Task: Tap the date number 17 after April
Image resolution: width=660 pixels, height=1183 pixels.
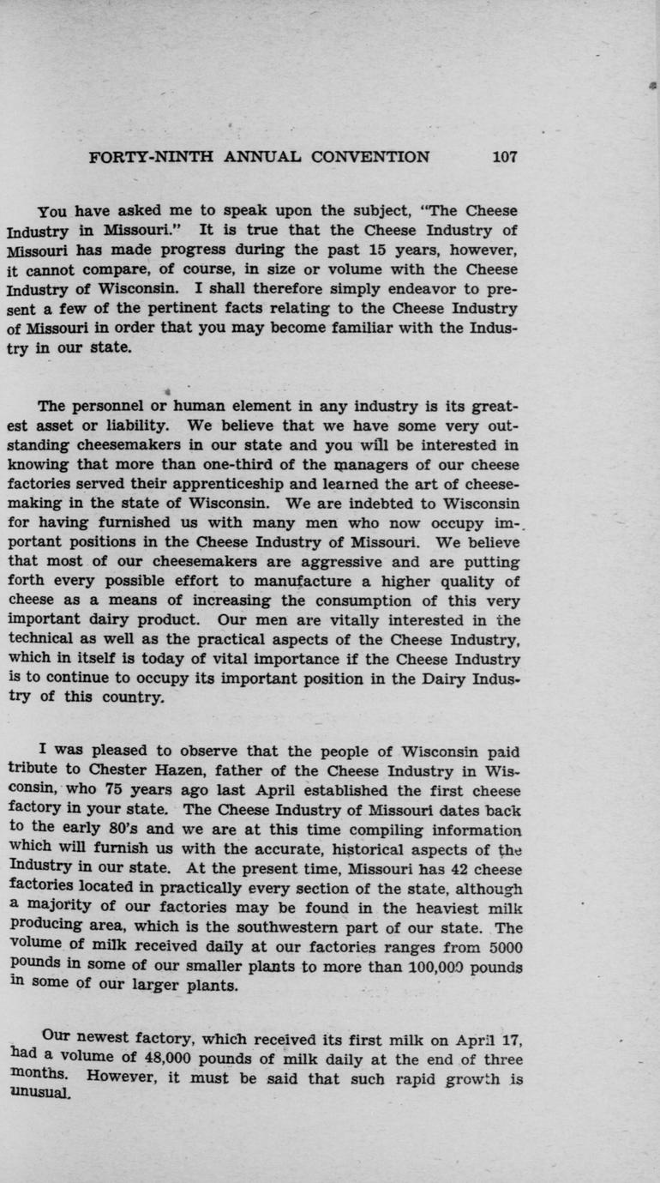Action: (x=509, y=1039)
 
